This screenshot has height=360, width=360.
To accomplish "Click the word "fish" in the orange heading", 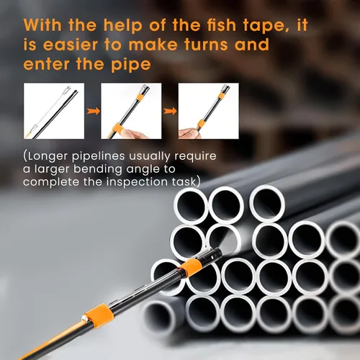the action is [221, 25].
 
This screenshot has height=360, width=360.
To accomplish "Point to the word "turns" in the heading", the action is [206, 45].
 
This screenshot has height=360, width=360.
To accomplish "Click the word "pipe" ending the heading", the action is [131, 66].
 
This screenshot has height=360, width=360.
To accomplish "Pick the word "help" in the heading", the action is [122, 26].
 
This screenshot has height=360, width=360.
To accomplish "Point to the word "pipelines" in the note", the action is [98, 157].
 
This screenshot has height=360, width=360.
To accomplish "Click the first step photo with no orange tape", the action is [54, 111].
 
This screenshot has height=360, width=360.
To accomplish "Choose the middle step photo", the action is [131, 111].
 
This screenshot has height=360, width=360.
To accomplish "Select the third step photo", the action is [209, 111].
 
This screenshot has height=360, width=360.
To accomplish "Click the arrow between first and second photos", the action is [93, 111].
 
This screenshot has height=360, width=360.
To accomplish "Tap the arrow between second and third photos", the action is [170, 111].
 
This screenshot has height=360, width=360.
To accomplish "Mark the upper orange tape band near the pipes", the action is [192, 267].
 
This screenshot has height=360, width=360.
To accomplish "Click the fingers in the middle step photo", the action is [135, 133].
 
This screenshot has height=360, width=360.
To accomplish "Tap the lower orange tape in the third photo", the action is [201, 125].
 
